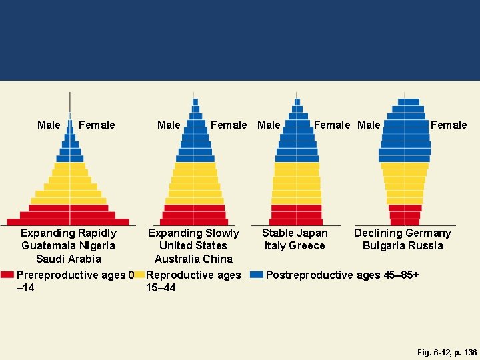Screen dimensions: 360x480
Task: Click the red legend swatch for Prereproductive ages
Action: click(x=7, y=275)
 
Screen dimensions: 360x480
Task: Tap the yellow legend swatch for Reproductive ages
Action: click(x=139, y=275)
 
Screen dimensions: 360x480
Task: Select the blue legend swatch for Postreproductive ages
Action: click(x=256, y=275)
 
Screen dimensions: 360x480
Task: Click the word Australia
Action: click(x=177, y=259)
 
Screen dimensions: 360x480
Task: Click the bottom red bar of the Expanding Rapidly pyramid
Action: click(x=70, y=222)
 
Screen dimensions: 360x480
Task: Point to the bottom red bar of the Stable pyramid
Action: click(x=296, y=222)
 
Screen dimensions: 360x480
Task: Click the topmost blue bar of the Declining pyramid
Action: click(x=405, y=102)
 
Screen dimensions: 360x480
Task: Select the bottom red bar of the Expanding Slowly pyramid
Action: click(x=195, y=222)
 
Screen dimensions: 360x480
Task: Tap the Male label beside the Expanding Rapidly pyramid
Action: click(x=49, y=125)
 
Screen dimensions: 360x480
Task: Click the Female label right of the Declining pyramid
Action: click(x=449, y=125)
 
